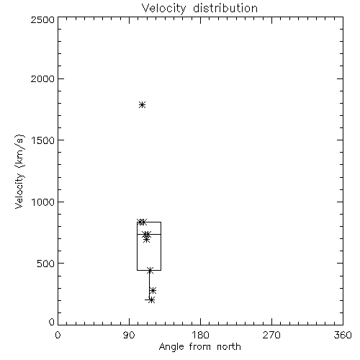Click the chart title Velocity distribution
pos(199,8)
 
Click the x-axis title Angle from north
pos(199,347)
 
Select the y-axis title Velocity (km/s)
pos(19,171)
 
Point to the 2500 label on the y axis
pos(42,19)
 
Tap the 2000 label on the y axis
pos(42,78)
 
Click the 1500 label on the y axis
pos(43,140)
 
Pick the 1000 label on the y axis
pos(43,202)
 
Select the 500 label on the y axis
pos(46,264)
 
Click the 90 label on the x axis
pos(129,335)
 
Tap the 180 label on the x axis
pos(200,335)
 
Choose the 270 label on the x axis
pos(271,335)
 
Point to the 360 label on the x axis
pos(343,335)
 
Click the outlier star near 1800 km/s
pos(143,105)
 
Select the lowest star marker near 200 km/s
pos(151,300)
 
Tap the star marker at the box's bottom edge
pos(150,271)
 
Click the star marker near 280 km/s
pos(153,291)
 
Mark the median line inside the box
pos(149,234)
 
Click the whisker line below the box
pos(149,285)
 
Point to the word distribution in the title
pos(225,8)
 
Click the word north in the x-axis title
pos(229,347)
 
